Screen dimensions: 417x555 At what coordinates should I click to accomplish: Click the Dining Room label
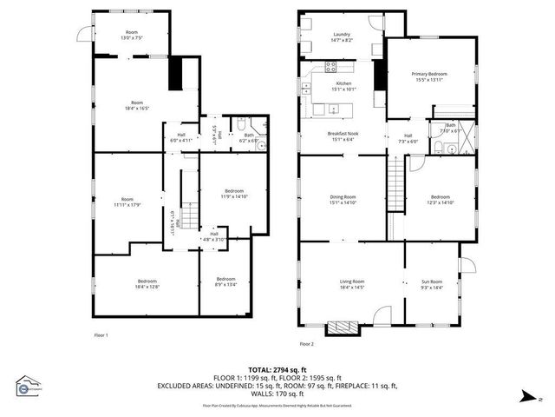343,199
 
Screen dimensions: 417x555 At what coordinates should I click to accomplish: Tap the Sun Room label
431,283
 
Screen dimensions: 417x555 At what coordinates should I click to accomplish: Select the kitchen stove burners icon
330,67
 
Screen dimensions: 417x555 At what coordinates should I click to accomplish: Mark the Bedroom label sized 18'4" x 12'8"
146,283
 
